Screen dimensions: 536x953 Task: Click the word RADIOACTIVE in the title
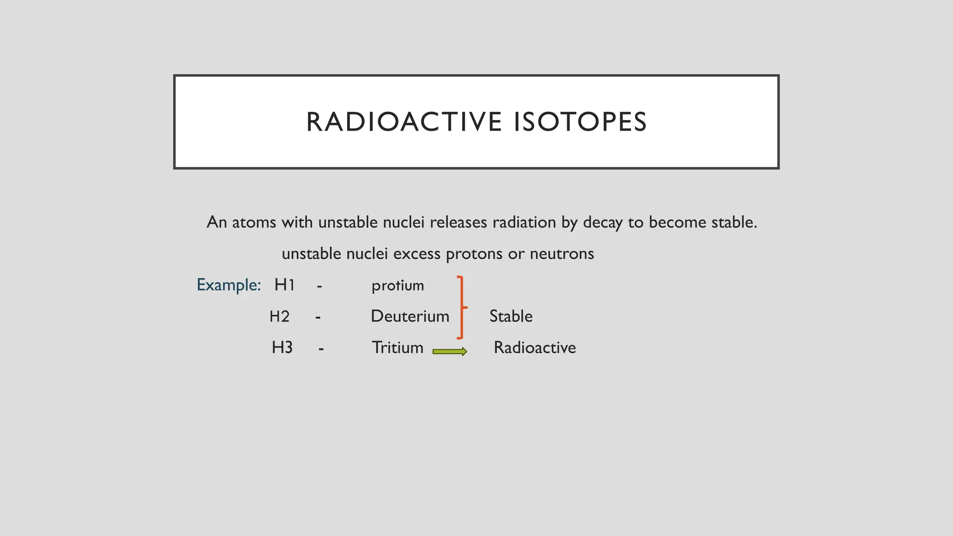click(x=404, y=122)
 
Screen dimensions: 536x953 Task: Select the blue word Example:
click(x=228, y=285)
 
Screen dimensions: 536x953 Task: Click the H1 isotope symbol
click(x=284, y=285)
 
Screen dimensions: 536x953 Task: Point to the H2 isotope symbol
click(x=280, y=316)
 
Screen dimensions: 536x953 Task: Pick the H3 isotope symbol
click(x=282, y=348)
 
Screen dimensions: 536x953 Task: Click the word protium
click(x=397, y=285)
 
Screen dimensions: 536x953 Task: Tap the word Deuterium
click(x=410, y=316)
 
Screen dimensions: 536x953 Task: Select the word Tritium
click(x=397, y=348)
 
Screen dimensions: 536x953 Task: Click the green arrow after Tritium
click(x=450, y=352)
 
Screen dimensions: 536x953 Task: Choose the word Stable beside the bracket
click(x=511, y=316)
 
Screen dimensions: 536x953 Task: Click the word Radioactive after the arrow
click(x=535, y=348)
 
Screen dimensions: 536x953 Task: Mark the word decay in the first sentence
click(x=603, y=223)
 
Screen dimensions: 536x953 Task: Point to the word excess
click(x=416, y=254)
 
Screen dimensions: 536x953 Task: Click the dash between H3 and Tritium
click(x=321, y=348)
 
